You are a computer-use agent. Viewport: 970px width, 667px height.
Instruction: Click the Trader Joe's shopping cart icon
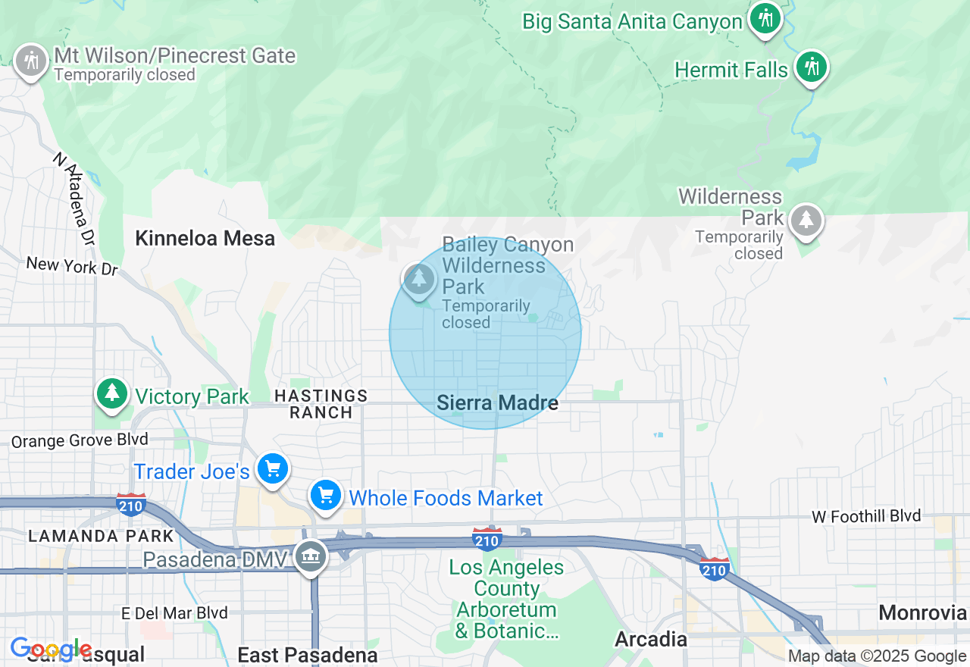[x=273, y=469]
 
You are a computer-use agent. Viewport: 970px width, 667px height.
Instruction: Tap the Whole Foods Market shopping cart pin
[x=326, y=496]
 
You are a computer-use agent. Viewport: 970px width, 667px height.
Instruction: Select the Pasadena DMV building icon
[x=311, y=557]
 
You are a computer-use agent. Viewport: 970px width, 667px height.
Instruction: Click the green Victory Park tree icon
[x=112, y=393]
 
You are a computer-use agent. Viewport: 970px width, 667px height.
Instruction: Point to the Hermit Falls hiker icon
[x=812, y=68]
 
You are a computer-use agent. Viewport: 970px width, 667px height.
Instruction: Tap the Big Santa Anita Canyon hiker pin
[x=765, y=18]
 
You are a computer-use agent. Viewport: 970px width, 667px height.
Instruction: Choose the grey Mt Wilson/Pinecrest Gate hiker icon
[x=31, y=60]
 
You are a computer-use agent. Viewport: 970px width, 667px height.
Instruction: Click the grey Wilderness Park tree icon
[x=806, y=221]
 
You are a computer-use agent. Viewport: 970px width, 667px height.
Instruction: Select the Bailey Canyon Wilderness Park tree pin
[x=418, y=280]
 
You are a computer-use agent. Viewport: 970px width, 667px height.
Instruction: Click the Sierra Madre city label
[x=497, y=403]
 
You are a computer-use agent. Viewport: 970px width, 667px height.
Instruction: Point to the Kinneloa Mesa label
[x=205, y=239]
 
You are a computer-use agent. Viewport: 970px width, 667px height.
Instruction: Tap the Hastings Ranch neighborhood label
[x=321, y=404]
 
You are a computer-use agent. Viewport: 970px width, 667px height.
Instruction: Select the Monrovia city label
[x=923, y=612]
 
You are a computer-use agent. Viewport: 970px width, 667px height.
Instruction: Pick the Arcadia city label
[x=651, y=639]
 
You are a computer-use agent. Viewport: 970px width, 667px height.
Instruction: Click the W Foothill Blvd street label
[x=866, y=517]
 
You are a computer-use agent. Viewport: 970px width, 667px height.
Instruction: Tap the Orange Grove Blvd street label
[x=80, y=440]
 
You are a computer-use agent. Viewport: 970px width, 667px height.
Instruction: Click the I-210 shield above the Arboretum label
[x=486, y=539]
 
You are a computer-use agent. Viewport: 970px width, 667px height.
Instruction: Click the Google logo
[x=51, y=650]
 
